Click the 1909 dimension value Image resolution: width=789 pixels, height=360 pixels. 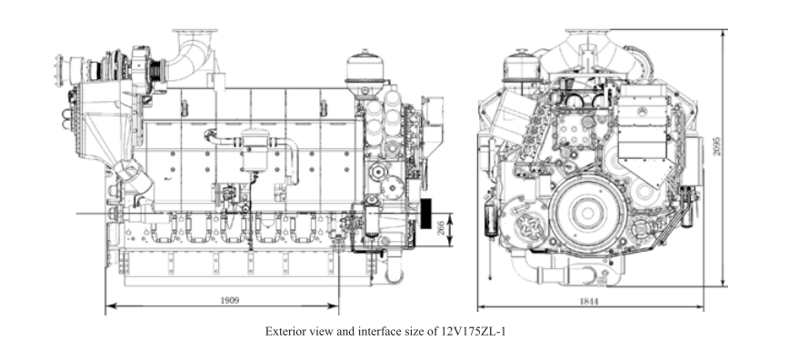click(x=229, y=301)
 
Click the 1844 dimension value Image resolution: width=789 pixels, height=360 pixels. click(x=589, y=302)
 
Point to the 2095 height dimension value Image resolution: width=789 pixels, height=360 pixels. click(x=716, y=146)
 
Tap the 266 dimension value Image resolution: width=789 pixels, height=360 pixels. click(x=441, y=229)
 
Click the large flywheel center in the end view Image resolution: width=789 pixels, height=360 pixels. click(x=586, y=214)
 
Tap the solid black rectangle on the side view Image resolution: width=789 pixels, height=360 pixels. click(x=425, y=214)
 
